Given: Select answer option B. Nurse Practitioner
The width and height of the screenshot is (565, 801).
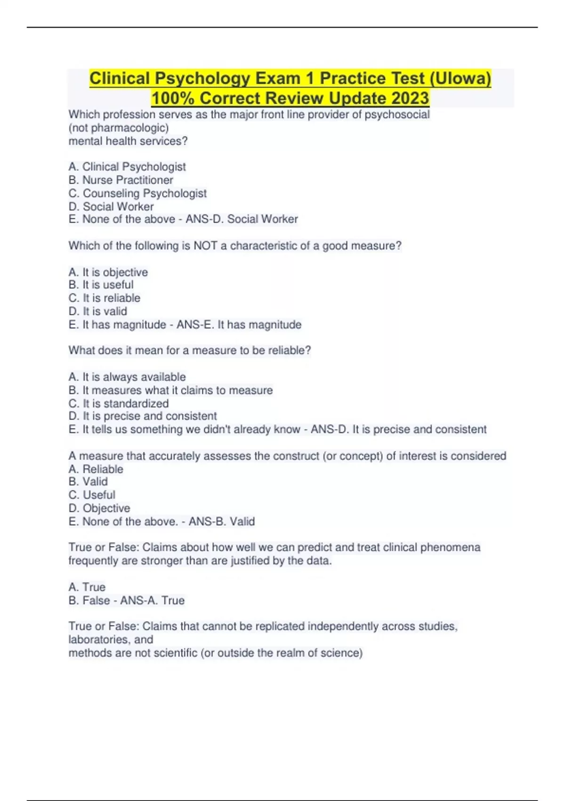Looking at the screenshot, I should click(121, 180).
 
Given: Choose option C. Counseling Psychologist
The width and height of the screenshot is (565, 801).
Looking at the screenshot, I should click(137, 193).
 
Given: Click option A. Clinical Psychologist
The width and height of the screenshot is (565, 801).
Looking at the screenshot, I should click(127, 167).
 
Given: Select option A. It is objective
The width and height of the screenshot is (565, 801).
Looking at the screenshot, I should click(108, 272).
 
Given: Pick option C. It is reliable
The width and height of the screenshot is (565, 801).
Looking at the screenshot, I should click(104, 298).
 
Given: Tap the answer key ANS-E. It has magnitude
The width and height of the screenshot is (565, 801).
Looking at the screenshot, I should click(239, 325).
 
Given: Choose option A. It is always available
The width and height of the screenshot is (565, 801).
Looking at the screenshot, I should click(127, 377).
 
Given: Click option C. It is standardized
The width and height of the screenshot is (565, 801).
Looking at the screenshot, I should click(118, 403).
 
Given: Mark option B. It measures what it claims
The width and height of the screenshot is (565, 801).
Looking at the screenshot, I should click(170, 390).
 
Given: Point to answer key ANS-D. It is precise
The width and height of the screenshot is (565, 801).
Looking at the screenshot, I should click(398, 429).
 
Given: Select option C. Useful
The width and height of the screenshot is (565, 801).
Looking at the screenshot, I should click(92, 495).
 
